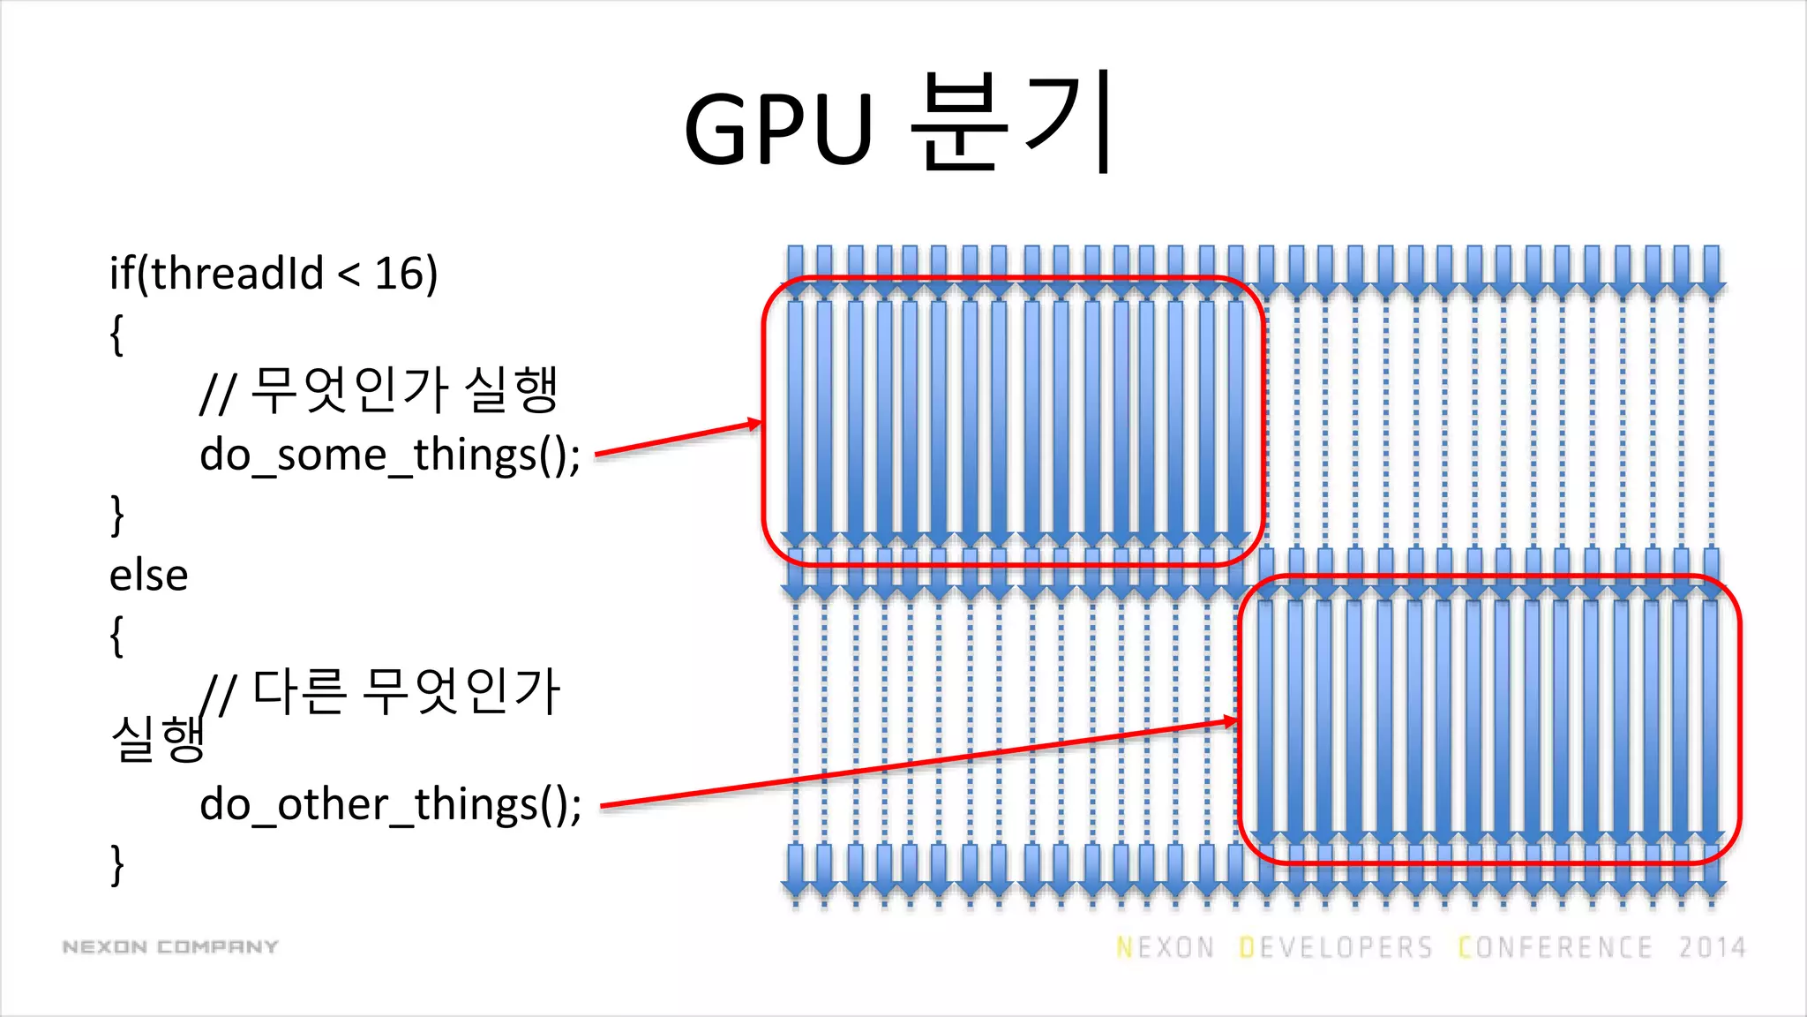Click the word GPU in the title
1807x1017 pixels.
(x=778, y=129)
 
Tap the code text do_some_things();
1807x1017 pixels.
(x=390, y=456)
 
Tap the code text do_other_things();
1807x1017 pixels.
(x=390, y=805)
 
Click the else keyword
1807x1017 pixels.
(x=148, y=576)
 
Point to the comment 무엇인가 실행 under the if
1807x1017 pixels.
(x=404, y=390)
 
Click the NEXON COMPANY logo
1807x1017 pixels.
(x=170, y=947)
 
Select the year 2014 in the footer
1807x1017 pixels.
(x=1712, y=947)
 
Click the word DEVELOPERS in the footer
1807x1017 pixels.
(x=1336, y=947)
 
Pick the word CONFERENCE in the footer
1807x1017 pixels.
(x=1555, y=947)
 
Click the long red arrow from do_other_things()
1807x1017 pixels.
(x=918, y=764)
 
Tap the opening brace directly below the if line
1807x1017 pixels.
(x=116, y=335)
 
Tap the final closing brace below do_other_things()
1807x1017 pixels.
(x=116, y=864)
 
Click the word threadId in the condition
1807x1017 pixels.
(x=237, y=274)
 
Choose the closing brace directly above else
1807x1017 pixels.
(x=116, y=515)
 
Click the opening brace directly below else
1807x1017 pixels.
(x=116, y=636)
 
